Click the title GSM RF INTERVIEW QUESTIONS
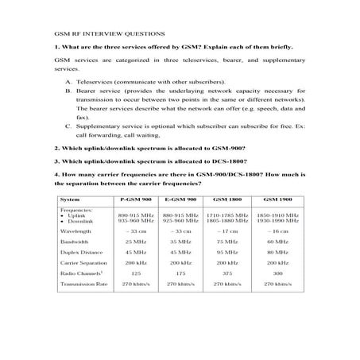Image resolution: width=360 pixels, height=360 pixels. (98, 36)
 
